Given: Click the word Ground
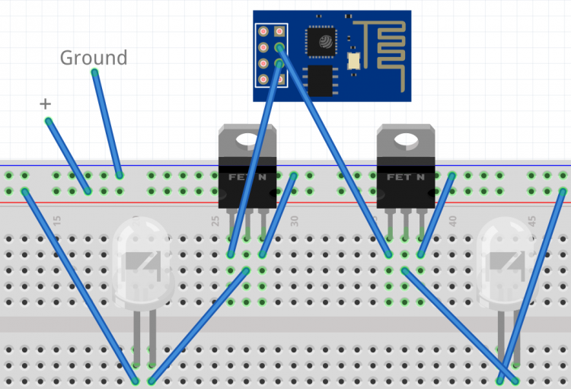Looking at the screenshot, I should tap(94, 57).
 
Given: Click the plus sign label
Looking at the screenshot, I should tap(45, 104).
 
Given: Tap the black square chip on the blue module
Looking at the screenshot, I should tap(324, 41).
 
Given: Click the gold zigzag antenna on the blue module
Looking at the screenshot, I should tap(385, 46).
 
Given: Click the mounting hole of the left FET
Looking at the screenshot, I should tap(247, 140).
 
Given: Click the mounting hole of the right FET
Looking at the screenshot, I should tap(406, 140).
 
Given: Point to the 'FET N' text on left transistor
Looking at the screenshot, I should tap(247, 177).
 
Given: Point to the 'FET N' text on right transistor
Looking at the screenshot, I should tap(406, 177).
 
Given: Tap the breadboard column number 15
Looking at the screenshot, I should tap(57, 221).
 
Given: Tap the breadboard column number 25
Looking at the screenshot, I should tap(215, 221).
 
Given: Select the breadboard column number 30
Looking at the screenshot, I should tap(295, 221).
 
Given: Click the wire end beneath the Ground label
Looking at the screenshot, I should tap(94, 72).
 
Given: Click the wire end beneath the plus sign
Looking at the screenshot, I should tap(48, 120).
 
